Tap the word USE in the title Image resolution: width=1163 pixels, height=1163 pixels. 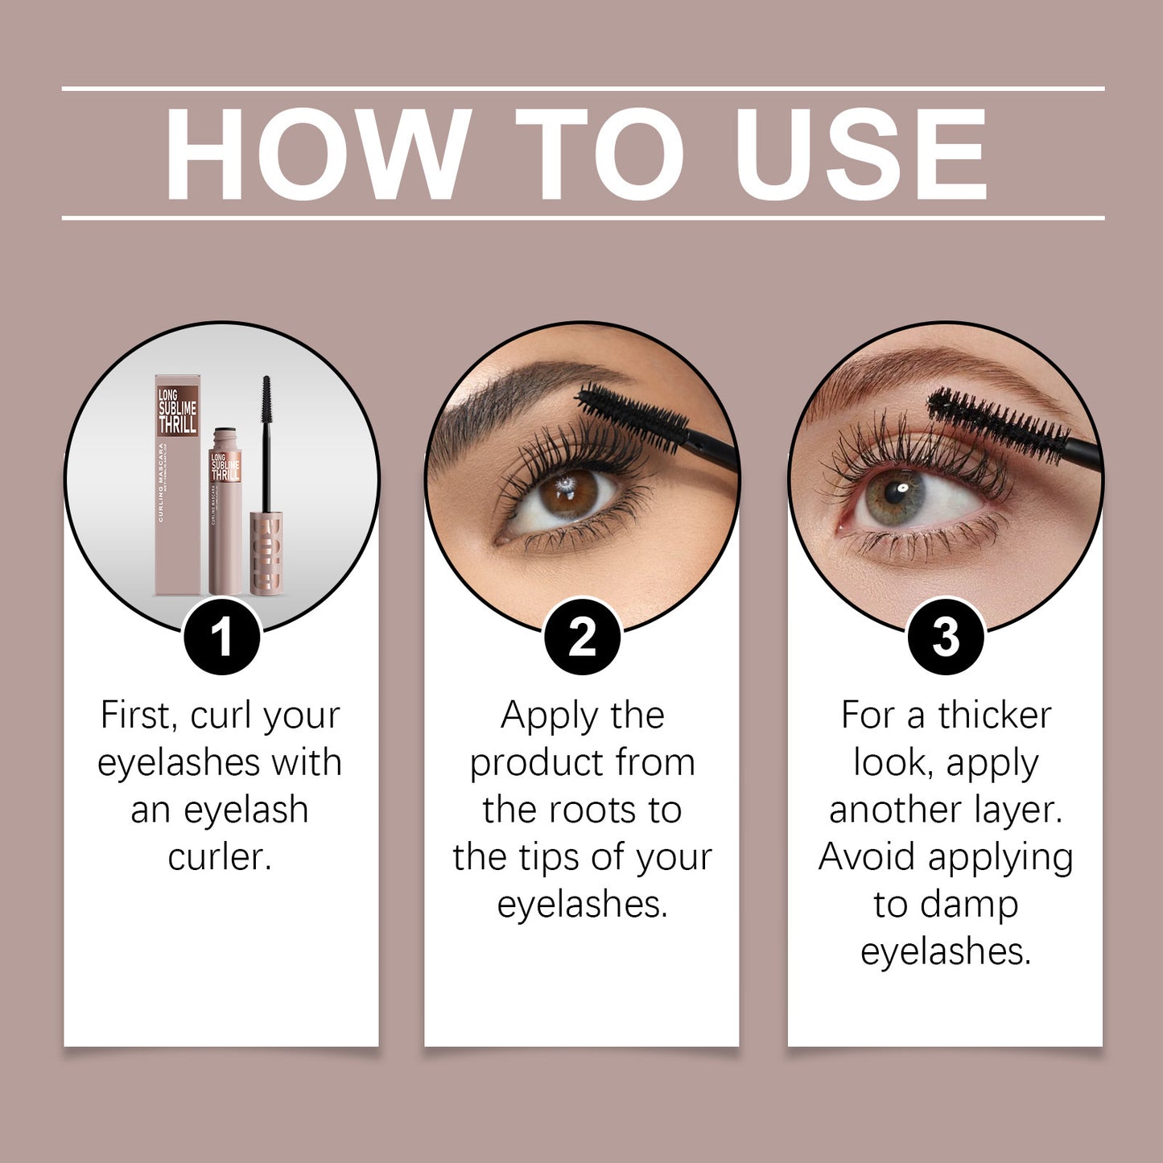tap(860, 153)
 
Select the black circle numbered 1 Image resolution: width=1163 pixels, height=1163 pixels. tap(221, 637)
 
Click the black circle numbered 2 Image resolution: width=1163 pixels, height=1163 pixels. tap(582, 637)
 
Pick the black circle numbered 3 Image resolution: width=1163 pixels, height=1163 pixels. tap(946, 637)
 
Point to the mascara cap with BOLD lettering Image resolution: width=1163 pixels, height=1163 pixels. tap(266, 551)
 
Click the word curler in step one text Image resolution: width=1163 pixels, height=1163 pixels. tap(220, 857)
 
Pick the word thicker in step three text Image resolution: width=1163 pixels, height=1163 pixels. tap(995, 716)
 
